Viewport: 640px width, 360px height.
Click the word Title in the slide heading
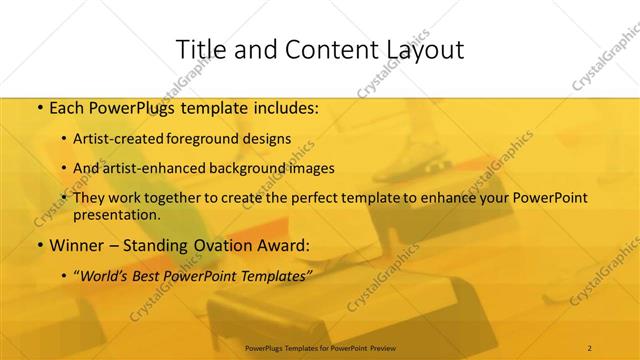coord(200,50)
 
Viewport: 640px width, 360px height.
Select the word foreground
coord(213,139)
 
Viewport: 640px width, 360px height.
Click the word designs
coord(270,139)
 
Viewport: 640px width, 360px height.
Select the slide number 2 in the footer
coord(590,347)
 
